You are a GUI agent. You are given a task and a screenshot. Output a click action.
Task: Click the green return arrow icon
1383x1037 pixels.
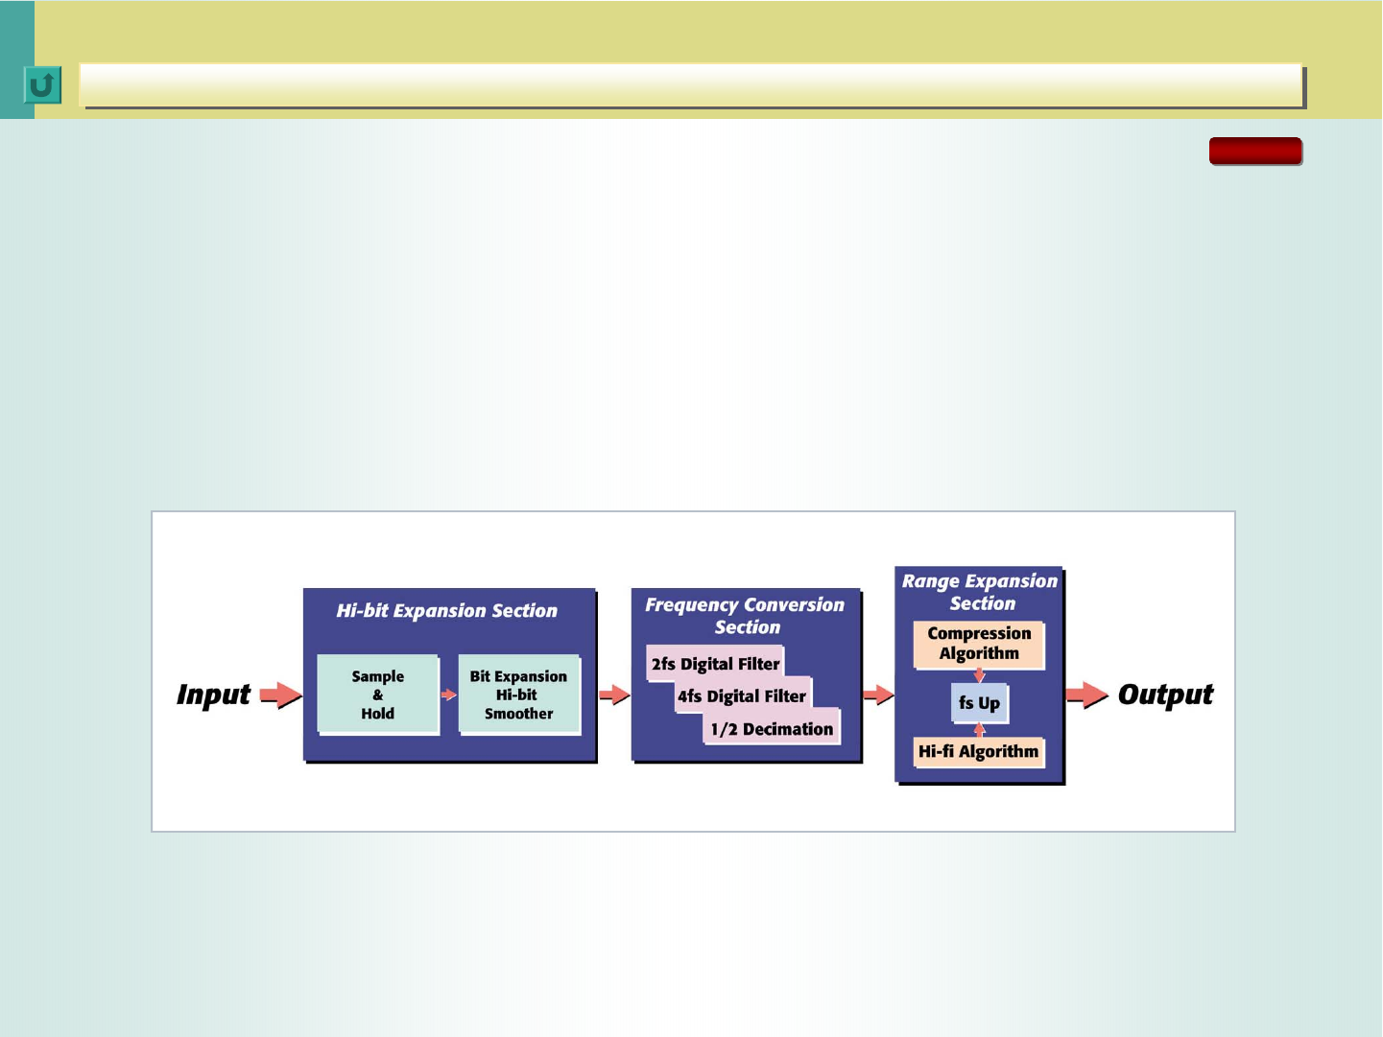point(42,84)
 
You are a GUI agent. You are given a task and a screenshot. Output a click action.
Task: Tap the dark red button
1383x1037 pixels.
point(1255,152)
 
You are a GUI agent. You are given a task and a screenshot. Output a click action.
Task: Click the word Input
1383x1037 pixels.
point(213,695)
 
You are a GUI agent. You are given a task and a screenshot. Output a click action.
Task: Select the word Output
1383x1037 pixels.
point(1165,695)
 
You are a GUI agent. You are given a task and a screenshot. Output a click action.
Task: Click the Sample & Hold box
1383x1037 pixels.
point(378,695)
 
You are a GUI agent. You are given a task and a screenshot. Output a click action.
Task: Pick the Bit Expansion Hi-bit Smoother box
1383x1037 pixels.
point(519,695)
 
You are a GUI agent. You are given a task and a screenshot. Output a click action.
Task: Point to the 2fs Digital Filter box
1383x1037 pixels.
point(715,663)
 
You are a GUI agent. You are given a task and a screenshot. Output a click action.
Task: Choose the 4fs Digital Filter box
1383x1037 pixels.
point(742,695)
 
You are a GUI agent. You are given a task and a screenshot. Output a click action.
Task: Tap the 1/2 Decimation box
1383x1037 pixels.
point(772,728)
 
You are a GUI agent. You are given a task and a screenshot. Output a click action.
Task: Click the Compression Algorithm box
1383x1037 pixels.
point(979,644)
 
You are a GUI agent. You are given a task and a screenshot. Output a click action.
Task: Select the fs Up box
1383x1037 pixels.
point(979,702)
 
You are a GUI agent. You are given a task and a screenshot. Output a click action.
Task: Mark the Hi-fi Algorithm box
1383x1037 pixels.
point(979,752)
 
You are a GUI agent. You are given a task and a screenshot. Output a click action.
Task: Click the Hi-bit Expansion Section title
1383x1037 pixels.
point(446,611)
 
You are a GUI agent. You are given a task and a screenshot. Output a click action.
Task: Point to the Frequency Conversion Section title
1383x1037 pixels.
point(745,616)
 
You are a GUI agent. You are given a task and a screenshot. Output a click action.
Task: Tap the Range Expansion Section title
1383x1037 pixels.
point(980,592)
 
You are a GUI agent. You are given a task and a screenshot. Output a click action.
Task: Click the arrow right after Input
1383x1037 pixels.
point(280,695)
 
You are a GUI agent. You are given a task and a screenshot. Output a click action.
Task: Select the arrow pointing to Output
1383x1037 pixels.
point(1087,695)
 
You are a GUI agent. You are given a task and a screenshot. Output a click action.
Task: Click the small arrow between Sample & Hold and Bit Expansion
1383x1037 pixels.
point(448,695)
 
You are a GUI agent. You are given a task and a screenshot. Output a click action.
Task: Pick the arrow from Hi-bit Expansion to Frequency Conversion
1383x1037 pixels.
point(614,695)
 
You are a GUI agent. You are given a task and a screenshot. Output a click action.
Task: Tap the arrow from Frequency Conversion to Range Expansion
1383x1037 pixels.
point(878,695)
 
